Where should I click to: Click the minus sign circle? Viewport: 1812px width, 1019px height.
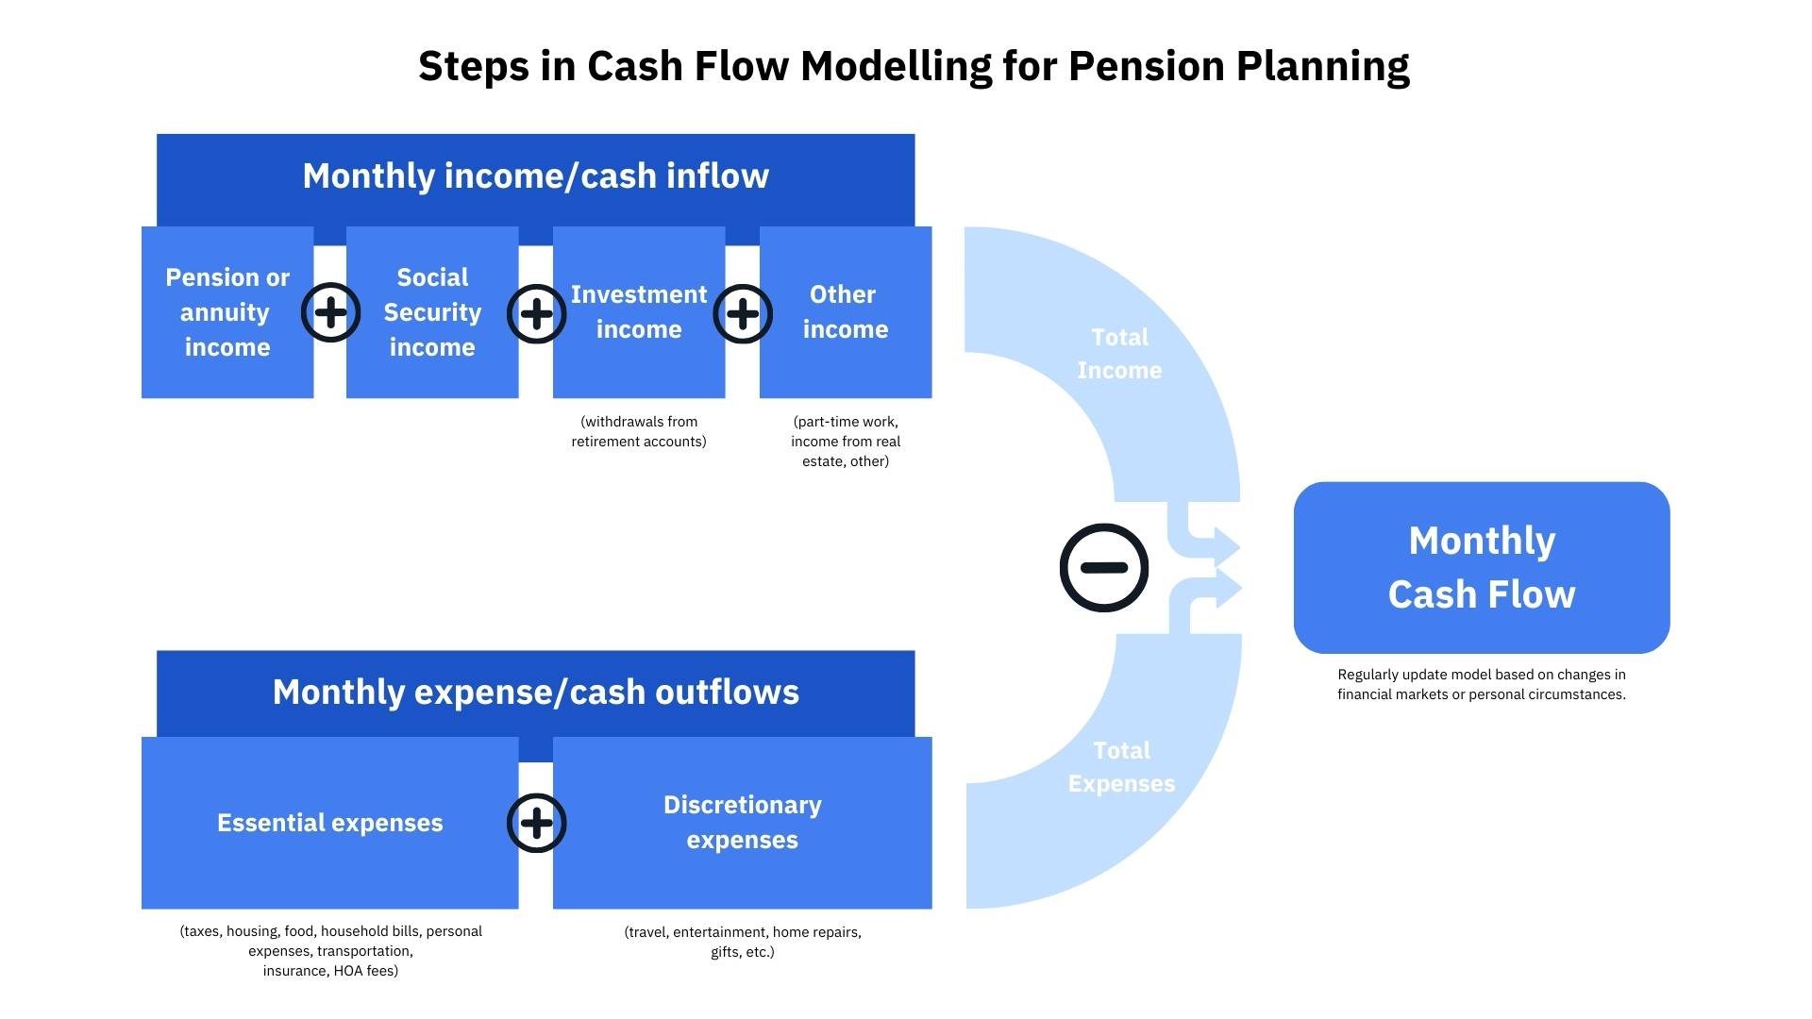pos(1103,567)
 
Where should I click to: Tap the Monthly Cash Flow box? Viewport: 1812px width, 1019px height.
pos(1481,567)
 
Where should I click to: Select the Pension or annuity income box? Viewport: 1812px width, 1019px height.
pos(226,312)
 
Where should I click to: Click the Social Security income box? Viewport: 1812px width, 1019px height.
pos(432,312)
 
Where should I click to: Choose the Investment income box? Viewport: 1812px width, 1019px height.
pos(639,312)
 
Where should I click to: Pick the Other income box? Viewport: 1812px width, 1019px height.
pos(846,312)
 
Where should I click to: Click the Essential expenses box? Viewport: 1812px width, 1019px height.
pos(329,823)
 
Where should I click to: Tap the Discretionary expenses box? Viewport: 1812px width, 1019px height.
pos(743,823)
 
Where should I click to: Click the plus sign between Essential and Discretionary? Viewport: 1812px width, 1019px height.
pos(536,823)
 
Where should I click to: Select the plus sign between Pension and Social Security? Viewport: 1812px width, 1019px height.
pos(330,312)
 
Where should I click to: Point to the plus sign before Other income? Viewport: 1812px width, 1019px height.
pos(743,313)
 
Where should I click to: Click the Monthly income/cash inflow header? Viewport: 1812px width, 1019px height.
pos(535,176)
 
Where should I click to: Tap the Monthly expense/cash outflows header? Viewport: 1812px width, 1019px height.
pos(535,693)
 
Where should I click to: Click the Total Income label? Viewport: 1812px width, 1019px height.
pos(1119,354)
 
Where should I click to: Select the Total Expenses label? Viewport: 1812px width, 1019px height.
pos(1121,767)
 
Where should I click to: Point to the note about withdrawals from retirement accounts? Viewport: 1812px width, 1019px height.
pos(639,431)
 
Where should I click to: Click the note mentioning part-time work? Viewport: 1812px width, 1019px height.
pos(846,442)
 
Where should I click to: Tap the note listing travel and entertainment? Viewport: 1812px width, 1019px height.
pos(743,942)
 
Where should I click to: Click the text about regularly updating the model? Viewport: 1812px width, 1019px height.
pos(1481,684)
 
